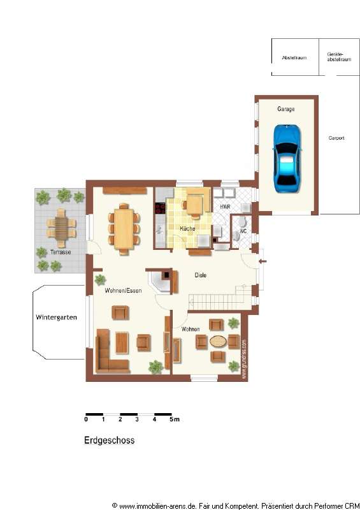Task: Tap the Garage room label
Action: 285,109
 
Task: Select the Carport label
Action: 336,138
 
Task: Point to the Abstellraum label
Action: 294,57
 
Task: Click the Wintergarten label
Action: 57,317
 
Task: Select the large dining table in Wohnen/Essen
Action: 124,228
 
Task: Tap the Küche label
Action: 187,228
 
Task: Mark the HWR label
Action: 225,208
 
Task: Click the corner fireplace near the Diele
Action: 161,280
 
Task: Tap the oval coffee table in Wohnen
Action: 218,341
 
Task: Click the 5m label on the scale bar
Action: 175,419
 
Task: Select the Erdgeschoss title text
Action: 109,440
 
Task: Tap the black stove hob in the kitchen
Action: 159,207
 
